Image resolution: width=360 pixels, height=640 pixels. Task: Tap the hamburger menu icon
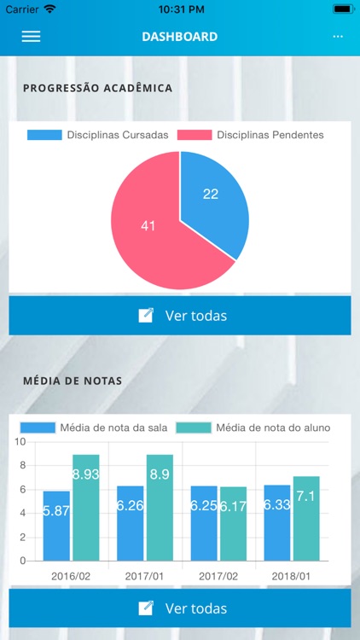coord(31,37)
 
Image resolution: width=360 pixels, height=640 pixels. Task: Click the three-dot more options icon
coord(338,37)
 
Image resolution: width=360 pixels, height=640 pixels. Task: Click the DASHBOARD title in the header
coord(179,37)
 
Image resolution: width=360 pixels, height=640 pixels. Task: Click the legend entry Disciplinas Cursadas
coord(99,135)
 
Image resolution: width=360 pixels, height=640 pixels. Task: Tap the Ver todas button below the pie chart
coord(180,316)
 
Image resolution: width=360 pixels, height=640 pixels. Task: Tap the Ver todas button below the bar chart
coord(180,608)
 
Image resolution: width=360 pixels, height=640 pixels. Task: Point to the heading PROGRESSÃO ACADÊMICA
coord(98,88)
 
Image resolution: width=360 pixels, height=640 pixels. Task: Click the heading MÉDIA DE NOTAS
coord(73,381)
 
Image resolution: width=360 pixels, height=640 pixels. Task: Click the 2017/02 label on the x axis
coord(218,575)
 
